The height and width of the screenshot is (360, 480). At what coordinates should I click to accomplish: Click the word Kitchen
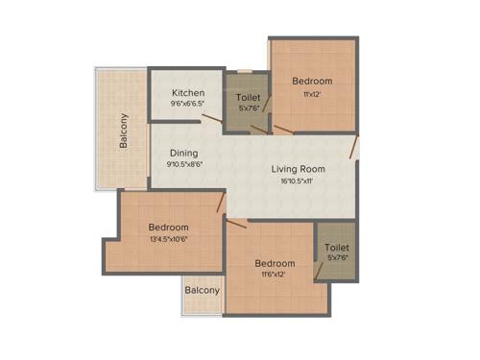(x=188, y=93)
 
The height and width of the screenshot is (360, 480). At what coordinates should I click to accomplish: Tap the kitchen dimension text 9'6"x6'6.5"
(x=188, y=105)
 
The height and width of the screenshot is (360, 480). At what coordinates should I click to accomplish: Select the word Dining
(x=184, y=153)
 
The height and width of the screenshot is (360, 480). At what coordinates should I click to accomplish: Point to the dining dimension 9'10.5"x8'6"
(x=184, y=165)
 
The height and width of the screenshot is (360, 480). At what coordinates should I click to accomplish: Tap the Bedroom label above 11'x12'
(x=312, y=81)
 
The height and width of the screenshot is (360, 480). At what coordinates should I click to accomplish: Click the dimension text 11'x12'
(x=312, y=93)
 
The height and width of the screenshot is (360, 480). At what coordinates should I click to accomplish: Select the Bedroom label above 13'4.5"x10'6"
(x=168, y=227)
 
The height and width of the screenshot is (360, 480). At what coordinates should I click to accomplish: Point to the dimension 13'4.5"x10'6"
(x=168, y=239)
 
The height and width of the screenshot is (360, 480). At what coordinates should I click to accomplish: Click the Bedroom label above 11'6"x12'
(x=275, y=263)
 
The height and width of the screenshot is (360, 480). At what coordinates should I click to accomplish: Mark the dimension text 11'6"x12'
(x=275, y=275)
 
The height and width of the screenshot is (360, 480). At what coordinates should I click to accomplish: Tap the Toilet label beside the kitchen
(x=247, y=98)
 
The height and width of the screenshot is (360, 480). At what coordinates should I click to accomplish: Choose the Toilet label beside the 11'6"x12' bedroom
(x=336, y=246)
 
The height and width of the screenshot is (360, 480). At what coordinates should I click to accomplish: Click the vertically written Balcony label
(x=125, y=132)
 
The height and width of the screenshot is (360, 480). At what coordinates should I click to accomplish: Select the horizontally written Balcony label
(x=202, y=290)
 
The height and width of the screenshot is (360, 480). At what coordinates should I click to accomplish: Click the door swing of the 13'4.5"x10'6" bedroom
(x=221, y=202)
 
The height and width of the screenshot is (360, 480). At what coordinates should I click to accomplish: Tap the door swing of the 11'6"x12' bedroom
(x=237, y=223)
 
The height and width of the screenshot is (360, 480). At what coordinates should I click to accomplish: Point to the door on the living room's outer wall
(x=354, y=146)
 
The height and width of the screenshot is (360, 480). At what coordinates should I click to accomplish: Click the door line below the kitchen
(x=212, y=120)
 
